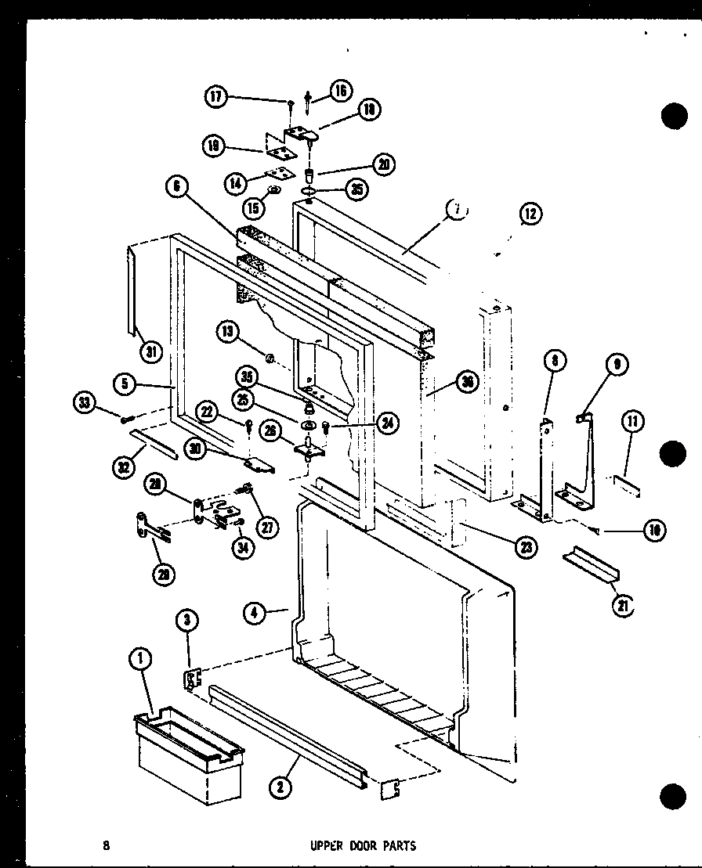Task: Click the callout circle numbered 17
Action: [215, 97]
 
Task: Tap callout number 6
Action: [177, 187]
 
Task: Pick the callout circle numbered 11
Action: [633, 423]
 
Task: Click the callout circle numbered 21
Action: [624, 607]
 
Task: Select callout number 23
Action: [526, 548]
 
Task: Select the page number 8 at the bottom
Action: [105, 845]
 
